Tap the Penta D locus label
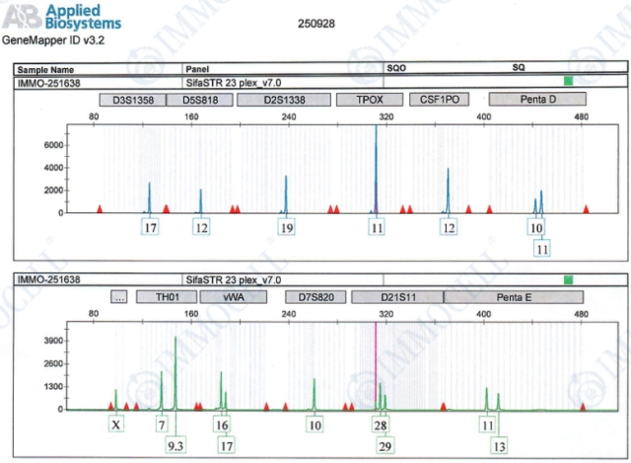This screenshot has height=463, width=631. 537,100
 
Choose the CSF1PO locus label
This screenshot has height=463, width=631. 439,100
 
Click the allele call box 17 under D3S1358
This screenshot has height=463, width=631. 151,228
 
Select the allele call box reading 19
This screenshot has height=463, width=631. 287,228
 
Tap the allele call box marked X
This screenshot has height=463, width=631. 116,424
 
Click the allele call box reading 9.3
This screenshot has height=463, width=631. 176,445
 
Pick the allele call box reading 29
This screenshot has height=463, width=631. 385,445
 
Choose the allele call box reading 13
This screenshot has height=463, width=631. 499,445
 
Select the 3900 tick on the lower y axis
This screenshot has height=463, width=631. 52,340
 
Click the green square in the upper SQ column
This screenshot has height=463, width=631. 568,82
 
